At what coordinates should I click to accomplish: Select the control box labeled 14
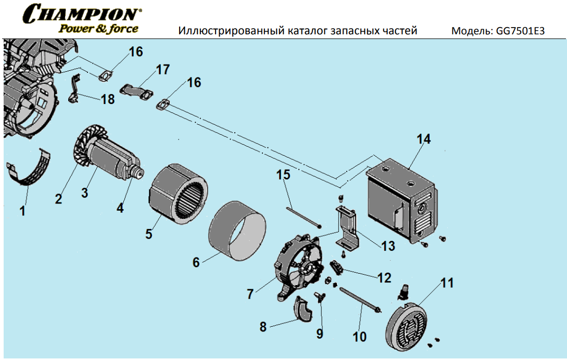[401, 203]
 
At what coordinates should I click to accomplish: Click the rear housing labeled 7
[297, 268]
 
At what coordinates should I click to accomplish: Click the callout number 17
[162, 69]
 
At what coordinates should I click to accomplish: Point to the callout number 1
[22, 211]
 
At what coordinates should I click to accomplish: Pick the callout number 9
[320, 333]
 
